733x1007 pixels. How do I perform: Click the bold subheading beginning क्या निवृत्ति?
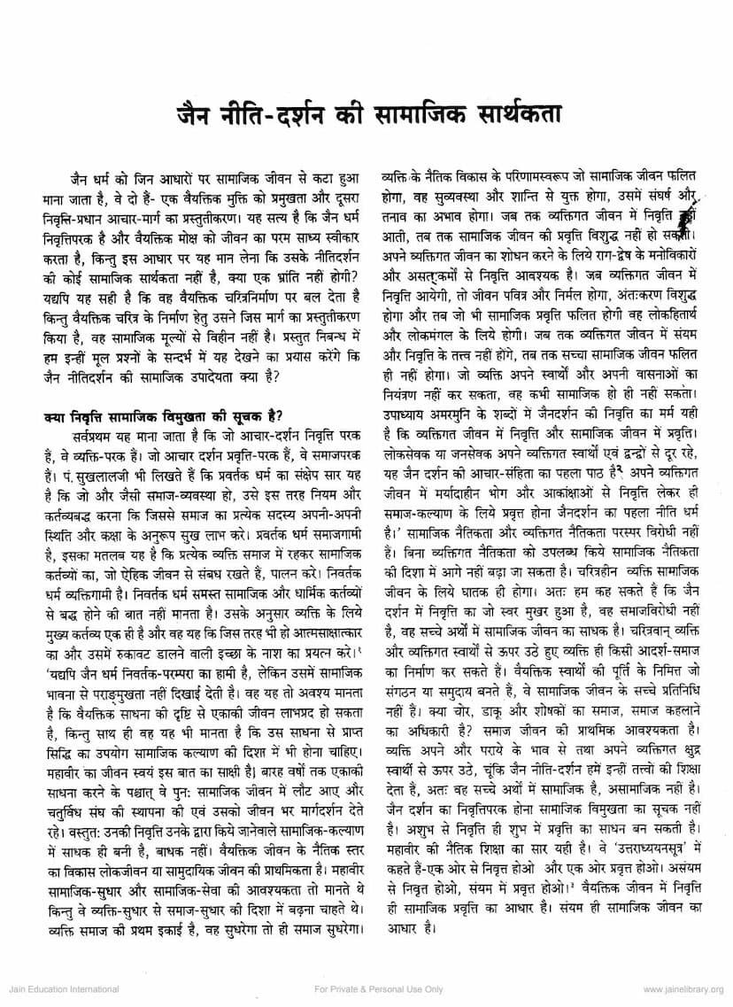pos(163,416)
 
